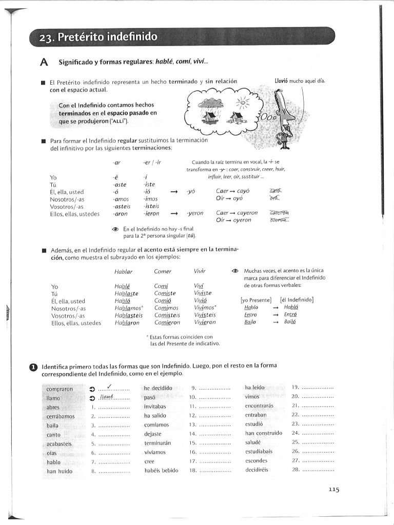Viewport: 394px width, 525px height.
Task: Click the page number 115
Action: click(334, 490)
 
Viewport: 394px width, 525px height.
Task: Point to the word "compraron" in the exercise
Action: click(60, 389)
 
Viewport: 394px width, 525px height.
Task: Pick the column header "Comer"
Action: click(163, 271)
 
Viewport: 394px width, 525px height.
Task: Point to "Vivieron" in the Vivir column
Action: click(205, 322)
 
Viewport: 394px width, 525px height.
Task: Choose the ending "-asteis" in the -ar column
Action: click(122, 207)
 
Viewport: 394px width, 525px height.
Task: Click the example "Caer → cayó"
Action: click(229, 191)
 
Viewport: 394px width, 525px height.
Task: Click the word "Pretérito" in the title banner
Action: click(83, 37)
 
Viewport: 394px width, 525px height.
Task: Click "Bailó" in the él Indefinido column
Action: click(290, 322)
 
